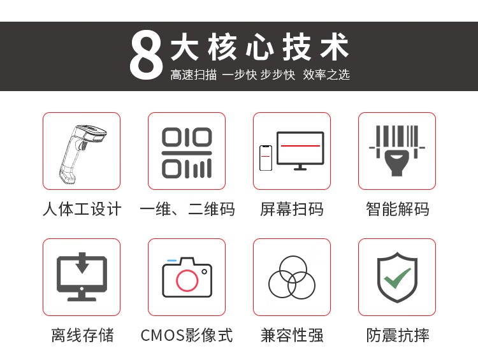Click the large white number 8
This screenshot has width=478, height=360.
tap(147, 55)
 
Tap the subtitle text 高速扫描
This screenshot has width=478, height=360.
tap(194, 75)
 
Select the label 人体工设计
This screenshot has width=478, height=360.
tap(82, 209)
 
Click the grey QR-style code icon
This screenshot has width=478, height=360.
tap(187, 152)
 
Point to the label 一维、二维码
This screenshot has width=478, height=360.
tap(187, 209)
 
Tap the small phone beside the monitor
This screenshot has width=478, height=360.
tap(266, 158)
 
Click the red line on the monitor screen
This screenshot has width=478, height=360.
tap(300, 146)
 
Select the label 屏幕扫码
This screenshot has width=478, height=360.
tap(292, 209)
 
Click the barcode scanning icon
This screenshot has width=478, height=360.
tap(397, 150)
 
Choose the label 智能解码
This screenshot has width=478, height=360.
tap(398, 209)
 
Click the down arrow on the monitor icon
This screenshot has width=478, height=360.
tap(82, 263)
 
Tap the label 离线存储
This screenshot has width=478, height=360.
tap(82, 335)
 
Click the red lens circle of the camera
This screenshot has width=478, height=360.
tap(187, 280)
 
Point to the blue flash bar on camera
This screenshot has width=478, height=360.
tap(171, 261)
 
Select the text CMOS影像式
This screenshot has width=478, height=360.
tap(187, 335)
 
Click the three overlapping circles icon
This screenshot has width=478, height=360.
tap(292, 277)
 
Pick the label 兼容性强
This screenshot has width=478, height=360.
tap(292, 335)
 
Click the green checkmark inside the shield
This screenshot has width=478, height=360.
tap(397, 278)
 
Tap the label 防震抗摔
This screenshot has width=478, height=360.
tap(398, 335)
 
